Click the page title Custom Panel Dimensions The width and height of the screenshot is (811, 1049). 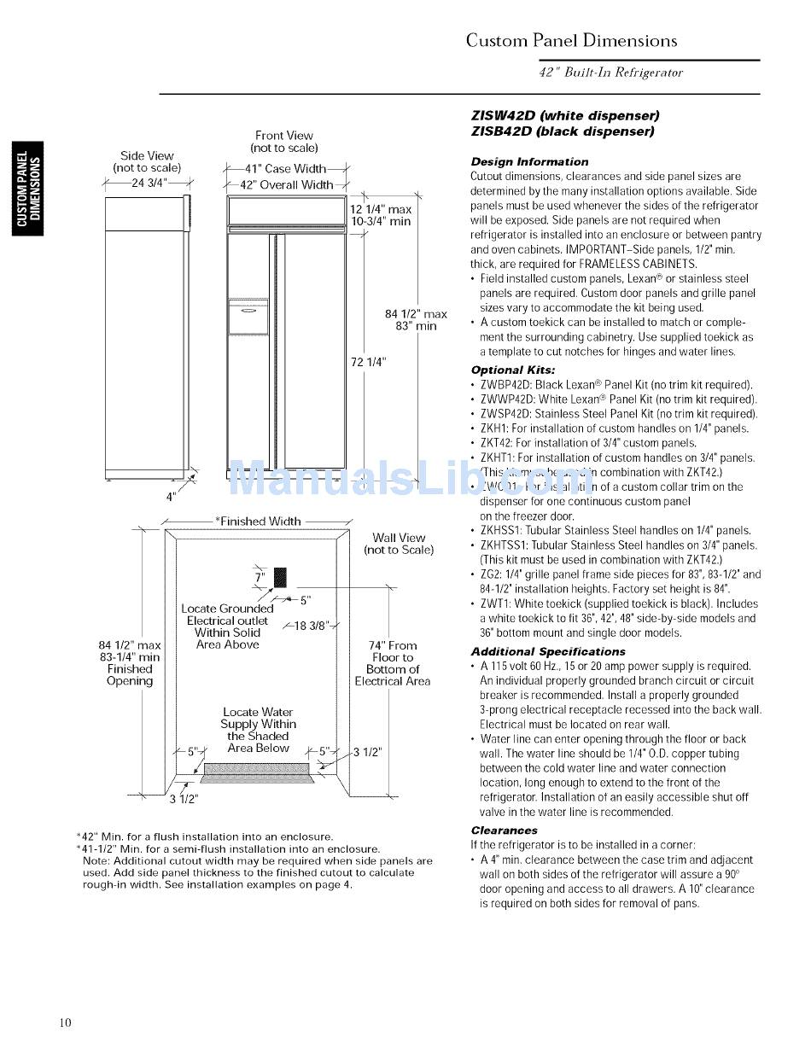571,41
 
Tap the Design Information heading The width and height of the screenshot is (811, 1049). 529,161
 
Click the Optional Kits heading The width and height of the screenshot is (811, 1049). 513,370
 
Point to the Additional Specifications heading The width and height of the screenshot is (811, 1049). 547,651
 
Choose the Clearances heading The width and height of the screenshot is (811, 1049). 504,830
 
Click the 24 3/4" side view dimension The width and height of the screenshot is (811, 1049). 149,182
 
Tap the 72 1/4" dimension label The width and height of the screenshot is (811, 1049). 369,362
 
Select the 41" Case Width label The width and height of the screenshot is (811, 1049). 285,169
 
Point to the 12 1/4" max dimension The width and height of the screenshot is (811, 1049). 381,209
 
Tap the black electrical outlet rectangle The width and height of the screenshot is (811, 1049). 279,577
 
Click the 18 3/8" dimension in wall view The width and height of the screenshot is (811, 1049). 310,626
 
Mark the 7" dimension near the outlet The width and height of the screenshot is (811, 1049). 260,579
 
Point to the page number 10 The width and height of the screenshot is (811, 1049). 66,1023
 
